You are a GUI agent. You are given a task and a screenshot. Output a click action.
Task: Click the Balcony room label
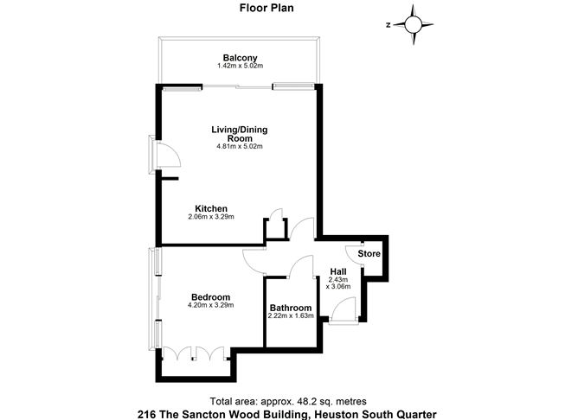[x=239, y=57]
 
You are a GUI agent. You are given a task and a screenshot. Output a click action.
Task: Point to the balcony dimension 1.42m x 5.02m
[x=239, y=66]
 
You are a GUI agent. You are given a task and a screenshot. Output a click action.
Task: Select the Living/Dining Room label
[x=240, y=134]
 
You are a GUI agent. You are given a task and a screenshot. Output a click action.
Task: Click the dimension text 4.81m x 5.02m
[x=240, y=146]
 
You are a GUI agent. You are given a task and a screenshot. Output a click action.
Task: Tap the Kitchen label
[x=211, y=208]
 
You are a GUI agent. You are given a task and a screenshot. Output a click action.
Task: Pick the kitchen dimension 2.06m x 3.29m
[x=211, y=217]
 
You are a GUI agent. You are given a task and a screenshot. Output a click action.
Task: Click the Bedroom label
[x=211, y=296]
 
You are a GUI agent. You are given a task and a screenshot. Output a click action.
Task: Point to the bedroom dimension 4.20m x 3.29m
[x=211, y=306]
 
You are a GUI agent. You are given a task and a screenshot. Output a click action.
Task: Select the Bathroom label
[x=290, y=308]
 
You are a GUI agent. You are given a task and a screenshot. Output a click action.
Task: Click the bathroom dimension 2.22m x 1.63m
[x=290, y=316]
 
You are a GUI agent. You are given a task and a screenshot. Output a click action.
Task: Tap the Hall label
[x=338, y=271]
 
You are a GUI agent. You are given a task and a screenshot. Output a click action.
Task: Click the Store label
[x=370, y=254]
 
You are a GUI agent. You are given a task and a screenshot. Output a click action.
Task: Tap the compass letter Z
[x=390, y=25]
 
